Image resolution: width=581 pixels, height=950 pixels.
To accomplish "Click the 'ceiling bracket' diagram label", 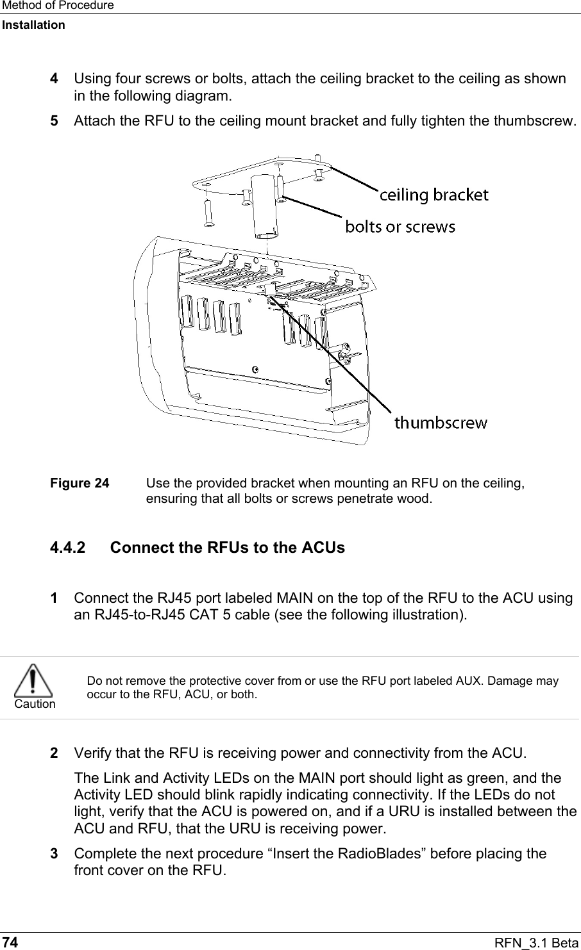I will point(434,194).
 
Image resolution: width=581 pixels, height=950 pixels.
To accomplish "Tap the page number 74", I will point(10,942).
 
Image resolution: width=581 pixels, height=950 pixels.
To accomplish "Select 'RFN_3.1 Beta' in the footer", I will point(543,942).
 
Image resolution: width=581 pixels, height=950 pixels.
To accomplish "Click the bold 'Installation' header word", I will point(33,25).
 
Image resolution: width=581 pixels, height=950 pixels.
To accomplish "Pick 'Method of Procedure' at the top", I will point(57,6).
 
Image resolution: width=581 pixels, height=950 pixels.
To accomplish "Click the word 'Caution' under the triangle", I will point(35,704).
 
